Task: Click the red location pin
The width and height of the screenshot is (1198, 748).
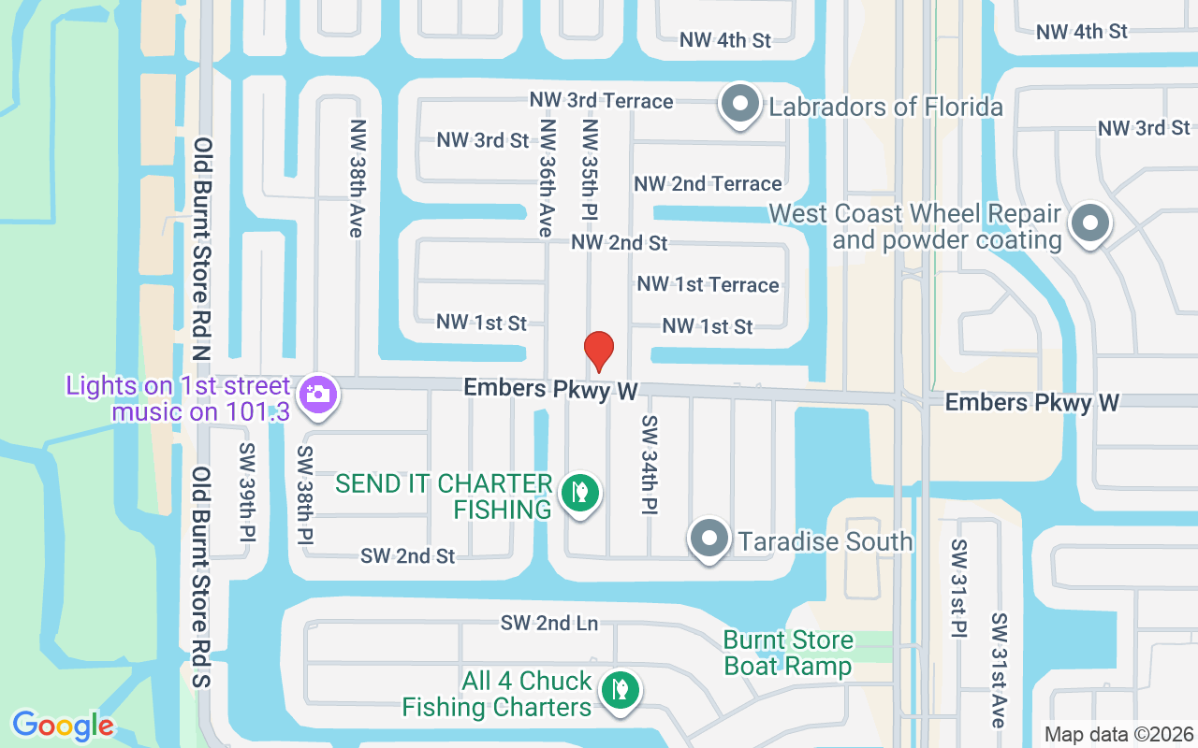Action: (599, 352)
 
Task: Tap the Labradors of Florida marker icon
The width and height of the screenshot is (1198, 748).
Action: (740, 105)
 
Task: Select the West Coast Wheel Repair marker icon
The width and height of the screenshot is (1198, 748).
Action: (1089, 224)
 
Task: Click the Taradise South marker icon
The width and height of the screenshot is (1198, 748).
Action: (709, 539)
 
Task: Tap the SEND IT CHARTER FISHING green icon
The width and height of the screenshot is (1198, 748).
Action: (580, 492)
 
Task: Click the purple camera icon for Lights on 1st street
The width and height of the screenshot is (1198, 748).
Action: (318, 395)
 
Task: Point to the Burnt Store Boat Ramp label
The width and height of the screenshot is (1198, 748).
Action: (788, 653)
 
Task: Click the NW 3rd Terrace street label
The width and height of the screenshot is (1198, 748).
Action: (601, 100)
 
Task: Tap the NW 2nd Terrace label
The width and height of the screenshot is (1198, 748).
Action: (708, 183)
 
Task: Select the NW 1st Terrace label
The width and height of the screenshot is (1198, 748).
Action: (708, 284)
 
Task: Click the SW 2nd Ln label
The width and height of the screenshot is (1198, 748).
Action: (548, 623)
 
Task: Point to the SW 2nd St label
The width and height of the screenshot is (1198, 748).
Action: (408, 555)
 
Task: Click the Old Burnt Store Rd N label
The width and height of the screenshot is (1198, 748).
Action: (202, 251)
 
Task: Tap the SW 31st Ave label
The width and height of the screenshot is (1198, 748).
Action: (1000, 669)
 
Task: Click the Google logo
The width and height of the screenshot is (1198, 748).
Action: (63, 726)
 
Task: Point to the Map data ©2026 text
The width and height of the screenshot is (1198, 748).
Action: (1118, 734)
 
